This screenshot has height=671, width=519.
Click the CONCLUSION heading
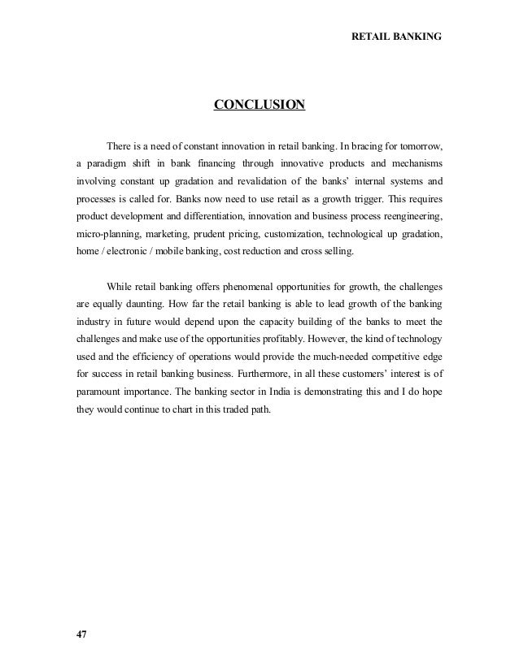(259, 105)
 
